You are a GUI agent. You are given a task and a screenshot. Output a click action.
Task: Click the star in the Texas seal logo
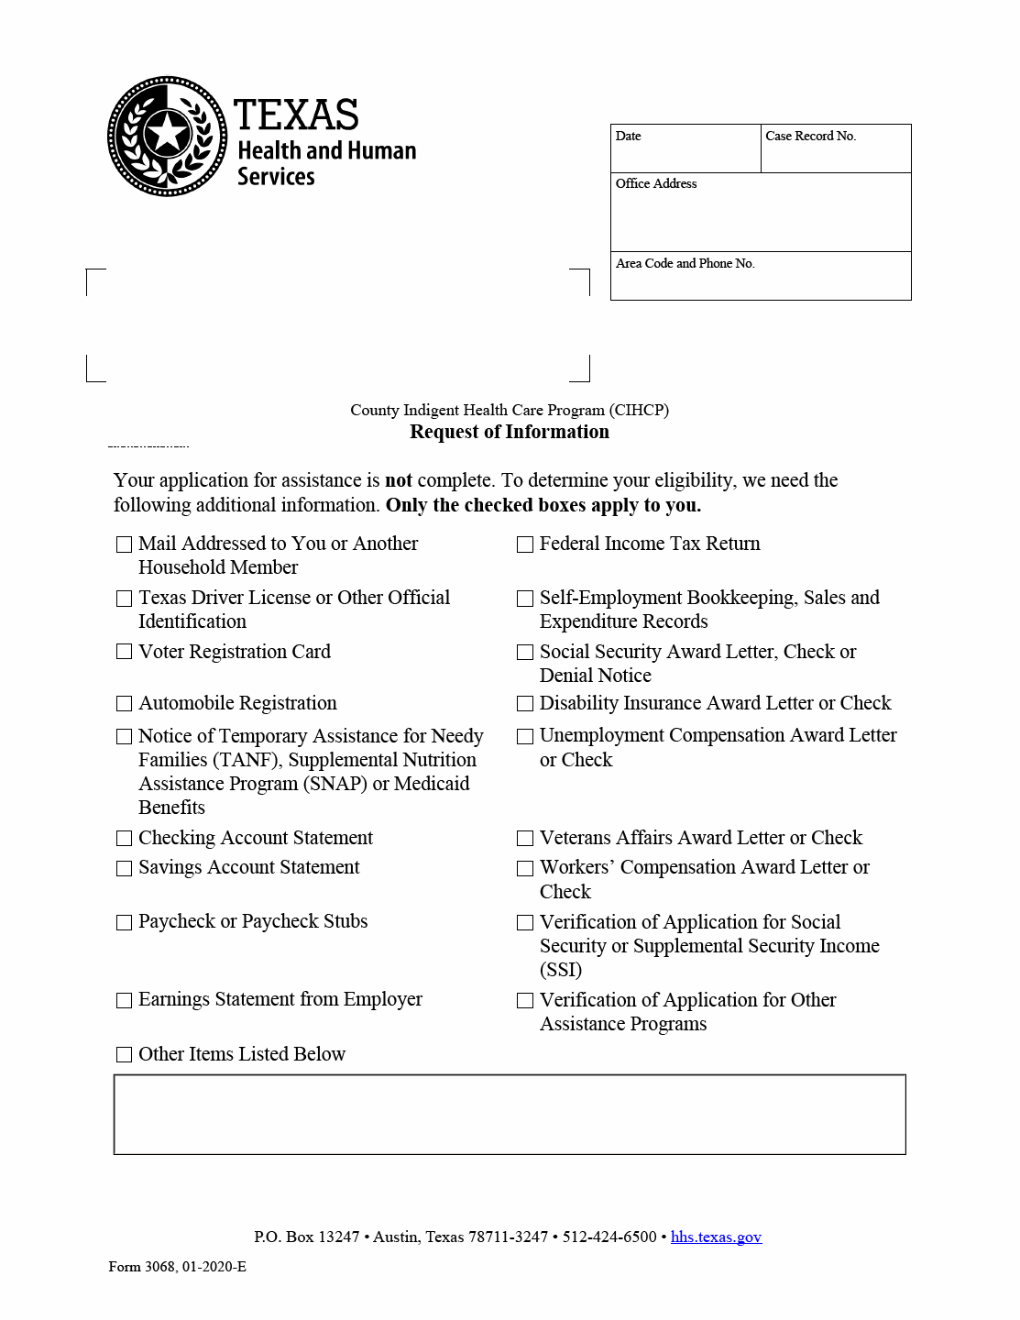coord(168,134)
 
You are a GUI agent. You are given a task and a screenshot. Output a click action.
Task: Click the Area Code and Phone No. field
coord(761,280)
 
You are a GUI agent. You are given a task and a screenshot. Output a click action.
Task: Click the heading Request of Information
coord(509,432)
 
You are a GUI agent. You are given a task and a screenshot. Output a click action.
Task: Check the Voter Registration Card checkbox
coord(125,652)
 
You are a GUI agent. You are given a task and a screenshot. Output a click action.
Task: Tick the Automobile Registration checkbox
coord(125,704)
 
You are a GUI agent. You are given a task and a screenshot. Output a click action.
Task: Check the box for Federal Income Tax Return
coord(525,544)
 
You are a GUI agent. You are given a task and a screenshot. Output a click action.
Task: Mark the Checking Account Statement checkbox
coord(125,839)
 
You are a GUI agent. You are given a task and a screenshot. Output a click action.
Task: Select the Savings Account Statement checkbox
coord(125,868)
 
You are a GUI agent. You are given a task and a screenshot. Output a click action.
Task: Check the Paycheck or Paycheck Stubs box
coord(125,922)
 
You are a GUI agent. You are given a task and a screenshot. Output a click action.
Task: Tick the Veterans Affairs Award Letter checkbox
coord(525,839)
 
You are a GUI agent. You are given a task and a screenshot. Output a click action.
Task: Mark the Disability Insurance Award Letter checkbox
coord(525,704)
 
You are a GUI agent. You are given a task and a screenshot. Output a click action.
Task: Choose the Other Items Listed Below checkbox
coord(125,1055)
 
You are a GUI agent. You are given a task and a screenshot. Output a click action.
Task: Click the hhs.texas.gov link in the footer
coord(716,1237)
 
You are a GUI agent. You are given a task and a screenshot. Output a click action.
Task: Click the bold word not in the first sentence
coord(399,480)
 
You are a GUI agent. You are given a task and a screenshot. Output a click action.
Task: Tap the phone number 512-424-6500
coord(609,1237)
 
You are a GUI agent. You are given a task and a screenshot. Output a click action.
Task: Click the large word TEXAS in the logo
coord(296,115)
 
